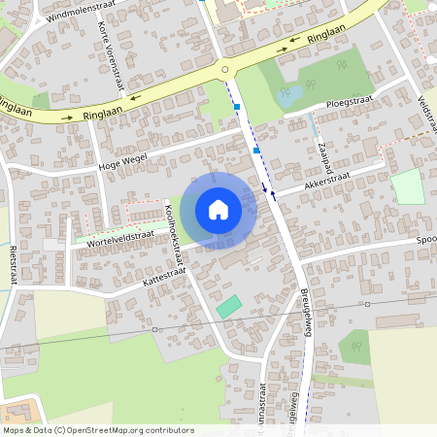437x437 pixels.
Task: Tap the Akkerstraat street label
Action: (326, 179)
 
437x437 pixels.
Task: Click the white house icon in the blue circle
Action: (218, 210)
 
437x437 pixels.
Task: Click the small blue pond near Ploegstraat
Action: (286, 96)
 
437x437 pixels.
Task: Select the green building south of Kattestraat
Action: (228, 306)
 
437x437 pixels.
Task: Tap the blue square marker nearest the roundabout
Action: (236, 106)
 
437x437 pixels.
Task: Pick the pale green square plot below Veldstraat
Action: (408, 186)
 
